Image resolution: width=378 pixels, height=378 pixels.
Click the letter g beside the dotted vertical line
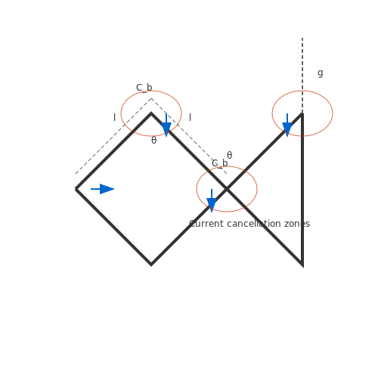tap(321, 73)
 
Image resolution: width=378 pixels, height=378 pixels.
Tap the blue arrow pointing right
tap(103, 189)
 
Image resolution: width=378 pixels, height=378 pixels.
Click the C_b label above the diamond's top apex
tap(144, 88)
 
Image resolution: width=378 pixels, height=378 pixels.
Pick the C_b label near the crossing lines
tap(220, 163)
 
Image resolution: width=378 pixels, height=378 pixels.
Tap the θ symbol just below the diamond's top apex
tap(153, 140)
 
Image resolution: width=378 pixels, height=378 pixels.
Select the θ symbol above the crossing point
tap(229, 155)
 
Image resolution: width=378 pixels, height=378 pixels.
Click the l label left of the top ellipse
tap(115, 117)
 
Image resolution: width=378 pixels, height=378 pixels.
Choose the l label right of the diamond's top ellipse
tap(191, 117)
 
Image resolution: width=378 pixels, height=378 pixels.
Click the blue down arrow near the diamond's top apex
tap(166, 125)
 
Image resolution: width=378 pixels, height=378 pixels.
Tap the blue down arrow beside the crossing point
tap(212, 201)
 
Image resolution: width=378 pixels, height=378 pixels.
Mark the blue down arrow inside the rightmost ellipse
tap(287, 125)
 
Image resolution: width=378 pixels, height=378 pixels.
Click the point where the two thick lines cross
tap(227, 189)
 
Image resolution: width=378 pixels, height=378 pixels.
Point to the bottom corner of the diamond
tap(151, 265)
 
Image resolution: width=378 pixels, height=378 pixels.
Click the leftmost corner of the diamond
tap(76, 189)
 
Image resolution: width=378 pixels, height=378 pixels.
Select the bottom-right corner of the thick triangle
tap(302, 265)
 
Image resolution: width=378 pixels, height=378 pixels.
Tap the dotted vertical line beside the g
tap(302, 76)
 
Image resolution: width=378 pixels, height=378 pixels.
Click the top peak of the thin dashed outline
tap(151, 98)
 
